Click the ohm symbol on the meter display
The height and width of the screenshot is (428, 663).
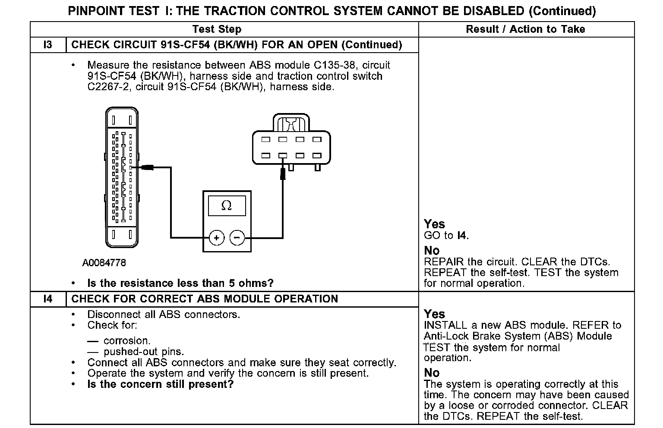[x=226, y=206]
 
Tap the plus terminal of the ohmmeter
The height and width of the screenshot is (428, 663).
[x=217, y=238]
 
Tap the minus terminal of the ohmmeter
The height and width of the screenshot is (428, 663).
[x=237, y=238]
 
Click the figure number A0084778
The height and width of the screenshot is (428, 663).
[x=104, y=263]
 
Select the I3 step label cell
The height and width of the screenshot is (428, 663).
[x=48, y=45]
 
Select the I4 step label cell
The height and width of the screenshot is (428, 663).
[x=48, y=299]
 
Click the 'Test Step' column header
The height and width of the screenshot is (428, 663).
[x=217, y=29]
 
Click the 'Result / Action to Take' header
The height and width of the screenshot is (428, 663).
[x=525, y=29]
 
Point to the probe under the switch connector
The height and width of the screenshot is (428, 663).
[x=283, y=173]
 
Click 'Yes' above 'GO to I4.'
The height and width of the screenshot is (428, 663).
[x=434, y=224]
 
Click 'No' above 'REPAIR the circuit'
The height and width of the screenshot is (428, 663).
[x=432, y=251]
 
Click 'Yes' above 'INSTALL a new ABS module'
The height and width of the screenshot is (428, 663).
[x=434, y=314]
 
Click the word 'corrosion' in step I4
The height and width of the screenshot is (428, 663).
[x=127, y=341]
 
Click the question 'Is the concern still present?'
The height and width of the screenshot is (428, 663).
[x=160, y=384]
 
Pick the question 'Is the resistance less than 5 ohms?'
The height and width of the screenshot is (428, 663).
[x=180, y=283]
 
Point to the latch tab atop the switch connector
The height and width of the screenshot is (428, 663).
[x=291, y=123]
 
